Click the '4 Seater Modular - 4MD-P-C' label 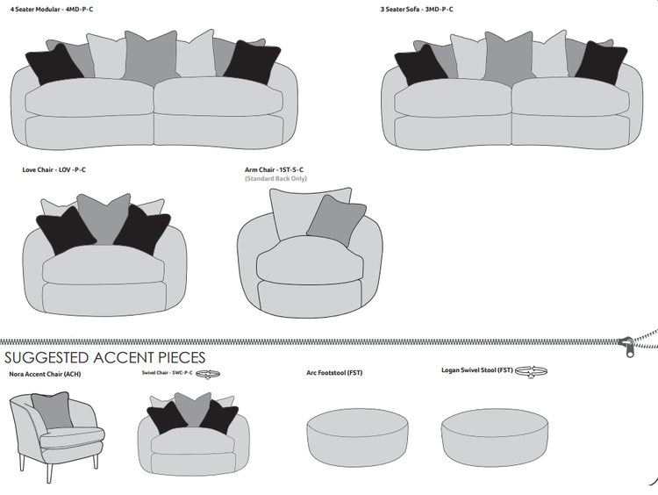click(52, 9)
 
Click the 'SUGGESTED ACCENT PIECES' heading click(105, 357)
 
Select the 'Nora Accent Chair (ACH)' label click(45, 373)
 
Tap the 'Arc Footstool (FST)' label click(334, 373)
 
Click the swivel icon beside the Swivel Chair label click(208, 373)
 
